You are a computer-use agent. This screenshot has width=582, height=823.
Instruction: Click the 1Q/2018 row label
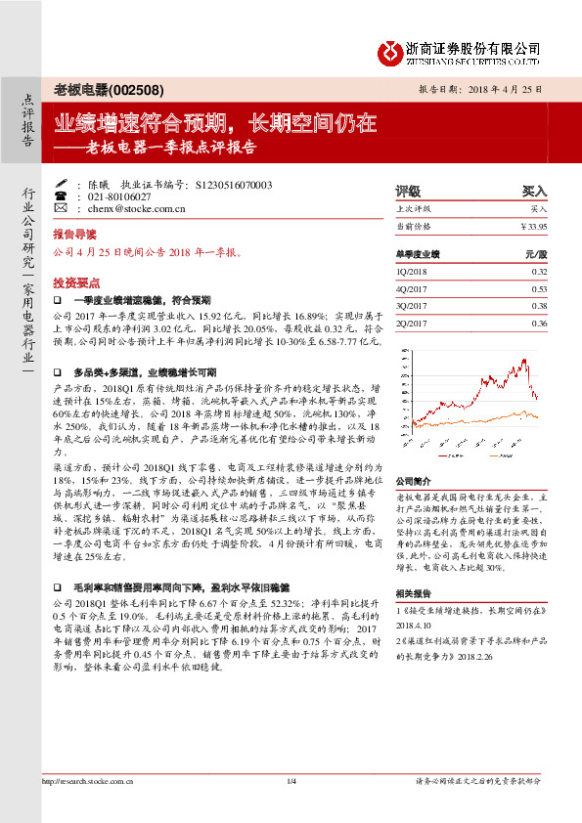tap(412, 271)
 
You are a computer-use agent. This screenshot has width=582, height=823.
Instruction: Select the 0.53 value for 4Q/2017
tap(538, 288)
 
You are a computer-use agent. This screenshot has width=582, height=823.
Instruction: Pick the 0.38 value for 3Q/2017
tap(538, 306)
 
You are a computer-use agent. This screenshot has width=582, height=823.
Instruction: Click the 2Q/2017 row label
tap(412, 324)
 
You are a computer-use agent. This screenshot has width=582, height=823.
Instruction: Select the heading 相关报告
tap(412, 594)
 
